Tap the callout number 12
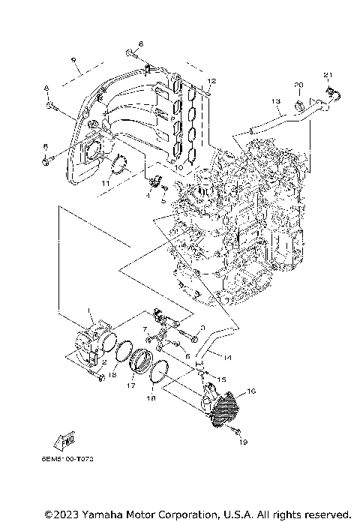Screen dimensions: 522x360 point(211,79)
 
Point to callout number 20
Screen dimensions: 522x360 point(298,84)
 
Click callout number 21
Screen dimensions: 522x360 point(327,74)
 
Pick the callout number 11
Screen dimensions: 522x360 point(106,182)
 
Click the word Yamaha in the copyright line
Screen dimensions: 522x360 point(104,514)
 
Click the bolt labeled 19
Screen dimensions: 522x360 point(234,432)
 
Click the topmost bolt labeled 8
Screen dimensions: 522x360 point(132,53)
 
